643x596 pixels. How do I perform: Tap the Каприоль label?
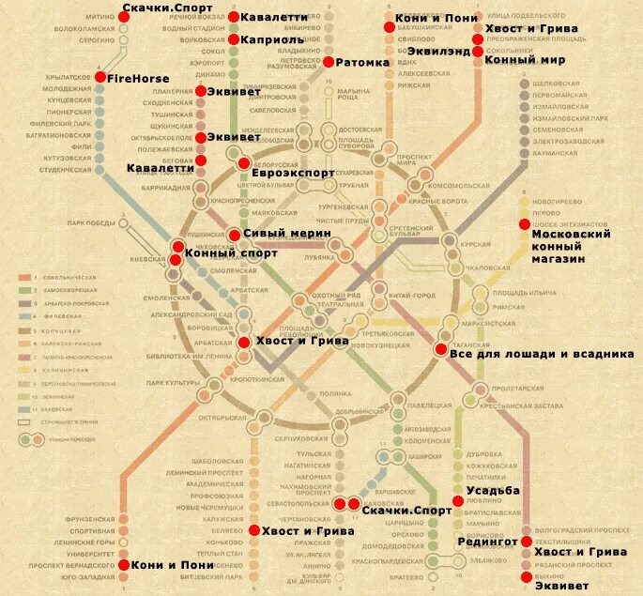pos(272,40)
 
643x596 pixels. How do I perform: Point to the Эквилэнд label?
pos(516,40)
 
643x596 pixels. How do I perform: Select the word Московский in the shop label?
pos(572,233)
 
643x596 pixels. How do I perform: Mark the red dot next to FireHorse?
pos(101,77)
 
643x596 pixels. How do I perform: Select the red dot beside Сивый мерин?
pos(234,235)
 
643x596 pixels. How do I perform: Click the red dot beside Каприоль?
pos(234,39)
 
